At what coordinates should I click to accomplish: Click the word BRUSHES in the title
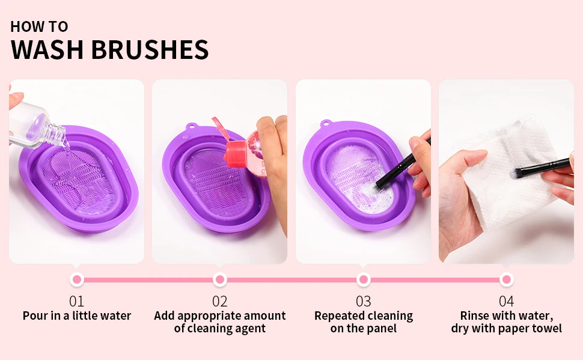click(150, 49)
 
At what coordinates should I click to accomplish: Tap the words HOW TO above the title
click(39, 27)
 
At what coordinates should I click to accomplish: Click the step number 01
click(76, 301)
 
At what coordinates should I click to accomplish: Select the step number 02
click(220, 301)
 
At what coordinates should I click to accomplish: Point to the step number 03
click(363, 301)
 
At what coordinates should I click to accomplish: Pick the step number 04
click(507, 301)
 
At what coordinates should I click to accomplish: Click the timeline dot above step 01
click(77, 279)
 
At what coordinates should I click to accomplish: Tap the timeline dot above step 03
click(363, 279)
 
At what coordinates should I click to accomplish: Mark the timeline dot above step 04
click(507, 279)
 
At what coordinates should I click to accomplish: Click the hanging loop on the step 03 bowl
click(326, 123)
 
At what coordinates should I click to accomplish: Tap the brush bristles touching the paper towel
click(517, 173)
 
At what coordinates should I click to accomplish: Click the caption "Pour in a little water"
click(76, 316)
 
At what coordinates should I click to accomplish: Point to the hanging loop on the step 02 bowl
click(191, 127)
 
